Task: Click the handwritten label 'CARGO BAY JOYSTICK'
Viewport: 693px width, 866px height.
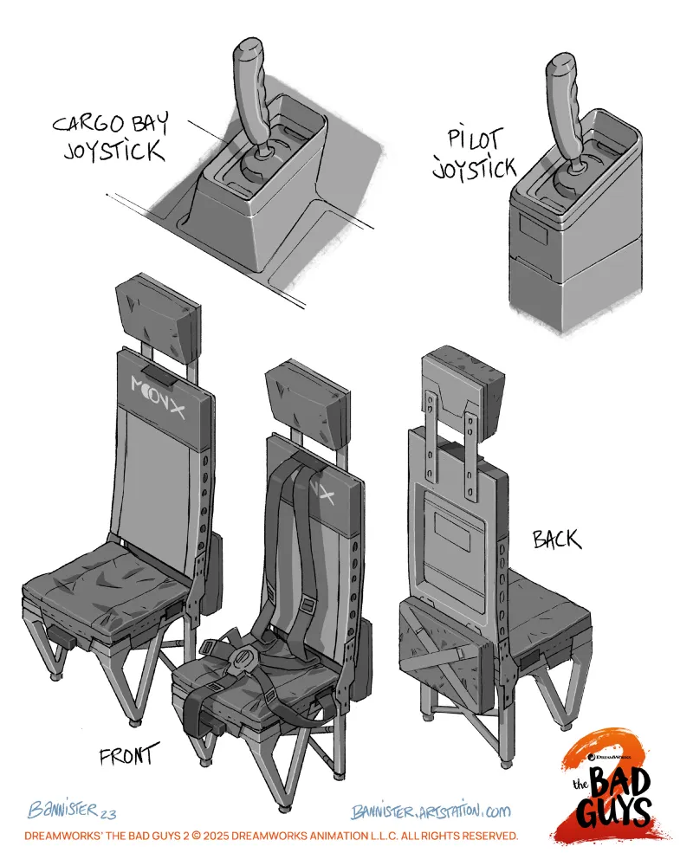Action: (111, 137)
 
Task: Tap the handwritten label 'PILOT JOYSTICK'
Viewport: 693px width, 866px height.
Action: (474, 154)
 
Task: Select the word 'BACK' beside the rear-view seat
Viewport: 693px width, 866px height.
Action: (556, 539)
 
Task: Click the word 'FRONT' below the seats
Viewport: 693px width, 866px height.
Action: (129, 753)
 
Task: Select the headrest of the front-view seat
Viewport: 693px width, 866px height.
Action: (158, 312)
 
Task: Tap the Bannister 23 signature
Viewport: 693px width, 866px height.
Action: (72, 810)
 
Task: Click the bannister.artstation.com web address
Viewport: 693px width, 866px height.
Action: (431, 811)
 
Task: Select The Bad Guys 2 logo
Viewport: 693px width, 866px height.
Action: (610, 785)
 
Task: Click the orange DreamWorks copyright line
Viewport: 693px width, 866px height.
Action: (271, 835)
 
